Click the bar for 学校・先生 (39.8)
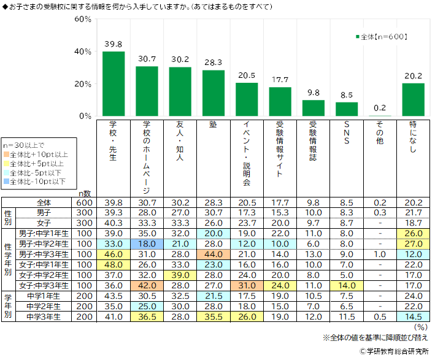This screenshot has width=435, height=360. [x=114, y=83]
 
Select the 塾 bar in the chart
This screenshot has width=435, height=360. [x=214, y=93]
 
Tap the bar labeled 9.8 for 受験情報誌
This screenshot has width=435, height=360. [x=314, y=108]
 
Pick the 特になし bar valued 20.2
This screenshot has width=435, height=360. [x=414, y=99]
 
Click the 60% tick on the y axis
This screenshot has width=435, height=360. [x=83, y=19]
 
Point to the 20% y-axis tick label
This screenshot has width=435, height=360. [x=83, y=84]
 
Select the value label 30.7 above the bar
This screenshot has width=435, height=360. [x=147, y=59]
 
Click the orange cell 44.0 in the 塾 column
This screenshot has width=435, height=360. [x=214, y=254]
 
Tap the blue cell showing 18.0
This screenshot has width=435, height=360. [x=147, y=243]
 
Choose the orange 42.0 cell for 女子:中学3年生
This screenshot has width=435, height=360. [x=147, y=285]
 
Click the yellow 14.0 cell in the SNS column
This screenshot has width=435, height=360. [x=347, y=285]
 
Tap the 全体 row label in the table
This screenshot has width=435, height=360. [x=44, y=202]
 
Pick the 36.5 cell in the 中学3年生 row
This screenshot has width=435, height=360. [x=147, y=316]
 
